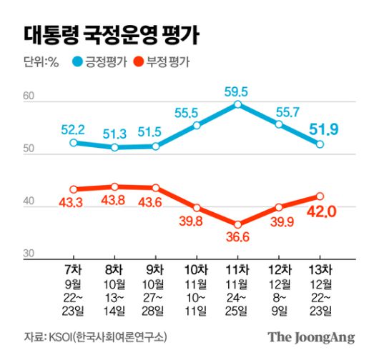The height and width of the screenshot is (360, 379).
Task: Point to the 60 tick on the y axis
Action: tap(29, 96)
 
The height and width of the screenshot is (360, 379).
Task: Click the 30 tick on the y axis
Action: tap(29, 254)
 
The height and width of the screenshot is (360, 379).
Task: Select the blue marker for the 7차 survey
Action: tap(73, 143)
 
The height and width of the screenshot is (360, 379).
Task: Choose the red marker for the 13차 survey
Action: tap(320, 196)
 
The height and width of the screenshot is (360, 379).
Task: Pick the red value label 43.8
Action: tap(114, 201)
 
